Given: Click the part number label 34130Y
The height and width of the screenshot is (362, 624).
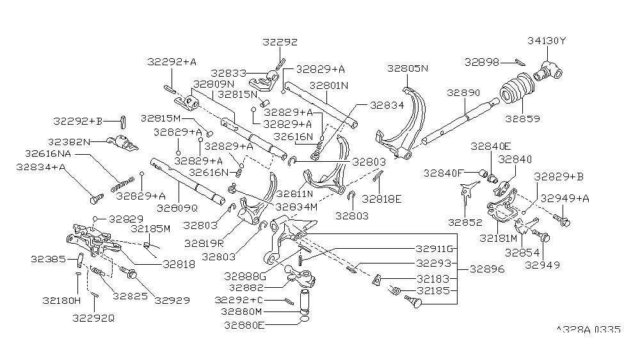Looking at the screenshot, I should click(x=546, y=42).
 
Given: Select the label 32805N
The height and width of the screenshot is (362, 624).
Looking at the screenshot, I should click(x=408, y=67).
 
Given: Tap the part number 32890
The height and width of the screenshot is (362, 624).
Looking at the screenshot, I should click(x=463, y=93).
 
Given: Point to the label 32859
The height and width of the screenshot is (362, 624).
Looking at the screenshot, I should click(x=522, y=118).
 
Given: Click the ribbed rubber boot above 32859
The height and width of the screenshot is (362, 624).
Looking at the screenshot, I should click(x=515, y=91).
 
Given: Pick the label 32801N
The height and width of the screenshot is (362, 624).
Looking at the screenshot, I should click(x=329, y=85).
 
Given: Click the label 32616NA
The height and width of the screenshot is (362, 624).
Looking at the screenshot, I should click(x=51, y=153).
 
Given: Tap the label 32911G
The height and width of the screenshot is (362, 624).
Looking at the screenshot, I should click(x=434, y=249).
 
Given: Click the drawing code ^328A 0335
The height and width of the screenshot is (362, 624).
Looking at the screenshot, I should click(x=588, y=330).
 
